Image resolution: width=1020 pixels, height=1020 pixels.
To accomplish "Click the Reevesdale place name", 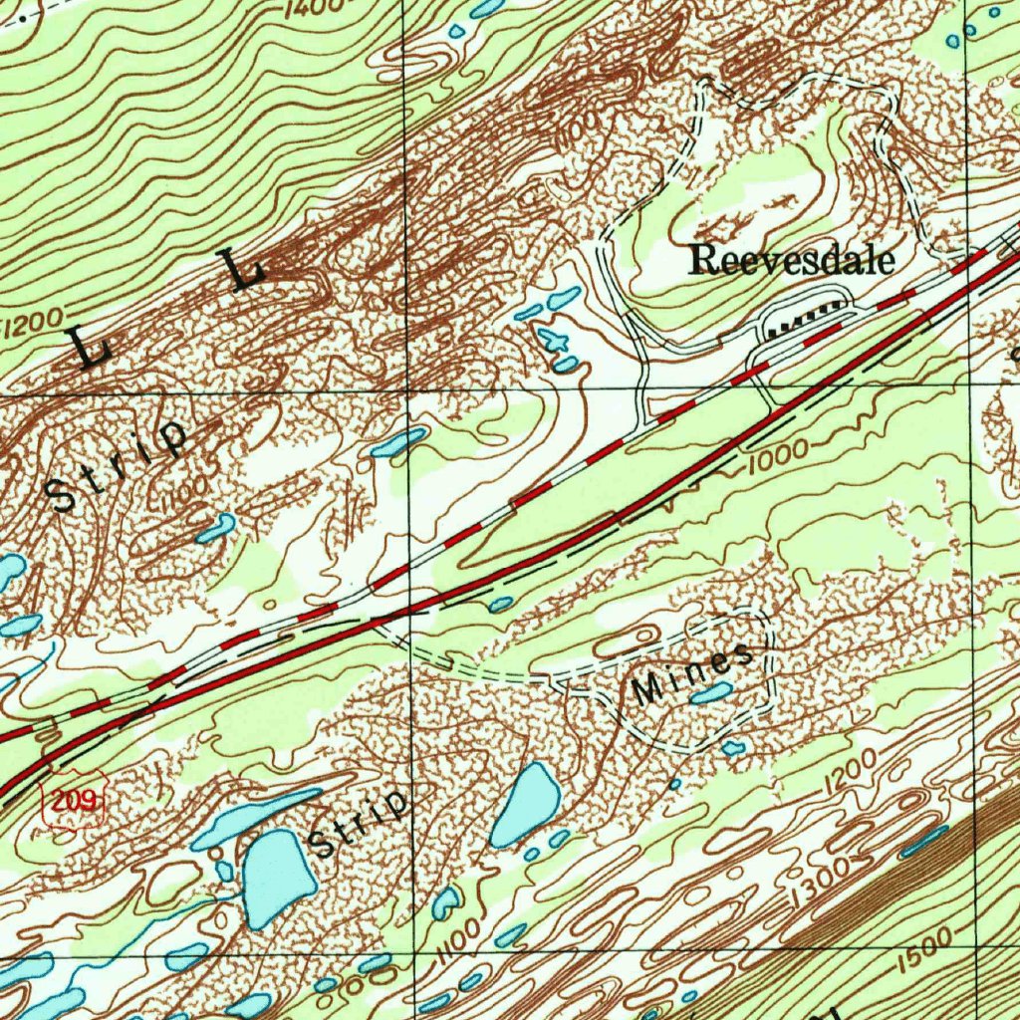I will [x=792, y=259].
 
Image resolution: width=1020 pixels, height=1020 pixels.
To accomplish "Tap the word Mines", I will [x=691, y=677].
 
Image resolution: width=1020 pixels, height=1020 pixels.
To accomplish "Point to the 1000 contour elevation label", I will [x=776, y=450].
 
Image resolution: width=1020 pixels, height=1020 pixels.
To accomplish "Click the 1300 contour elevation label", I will [x=817, y=883].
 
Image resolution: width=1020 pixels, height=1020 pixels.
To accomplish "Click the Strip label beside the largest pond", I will [x=359, y=823].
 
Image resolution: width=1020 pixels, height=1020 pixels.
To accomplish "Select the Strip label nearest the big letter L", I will [x=120, y=464].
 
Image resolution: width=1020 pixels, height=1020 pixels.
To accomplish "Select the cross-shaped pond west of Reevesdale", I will [x=554, y=342].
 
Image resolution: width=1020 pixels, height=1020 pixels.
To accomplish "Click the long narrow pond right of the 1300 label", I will [x=923, y=842].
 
